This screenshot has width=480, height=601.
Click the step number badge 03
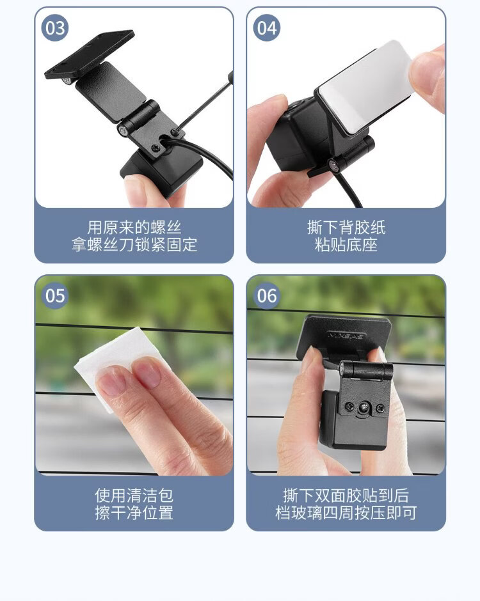(55, 28)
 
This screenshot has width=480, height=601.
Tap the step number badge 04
(267, 28)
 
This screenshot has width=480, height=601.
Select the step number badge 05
(55, 296)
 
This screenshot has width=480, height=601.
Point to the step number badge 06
(267, 296)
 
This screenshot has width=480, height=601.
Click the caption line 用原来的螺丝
(134, 227)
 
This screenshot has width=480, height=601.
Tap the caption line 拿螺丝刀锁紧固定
(134, 244)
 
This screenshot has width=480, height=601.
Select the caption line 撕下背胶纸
(346, 227)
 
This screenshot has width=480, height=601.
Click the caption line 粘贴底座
(346, 244)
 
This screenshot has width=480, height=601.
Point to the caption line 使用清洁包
(134, 496)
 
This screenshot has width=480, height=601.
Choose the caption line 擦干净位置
(134, 513)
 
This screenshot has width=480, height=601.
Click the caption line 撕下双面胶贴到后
(346, 496)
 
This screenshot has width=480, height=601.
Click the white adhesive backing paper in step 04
(365, 88)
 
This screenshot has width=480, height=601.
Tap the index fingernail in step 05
(112, 381)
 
